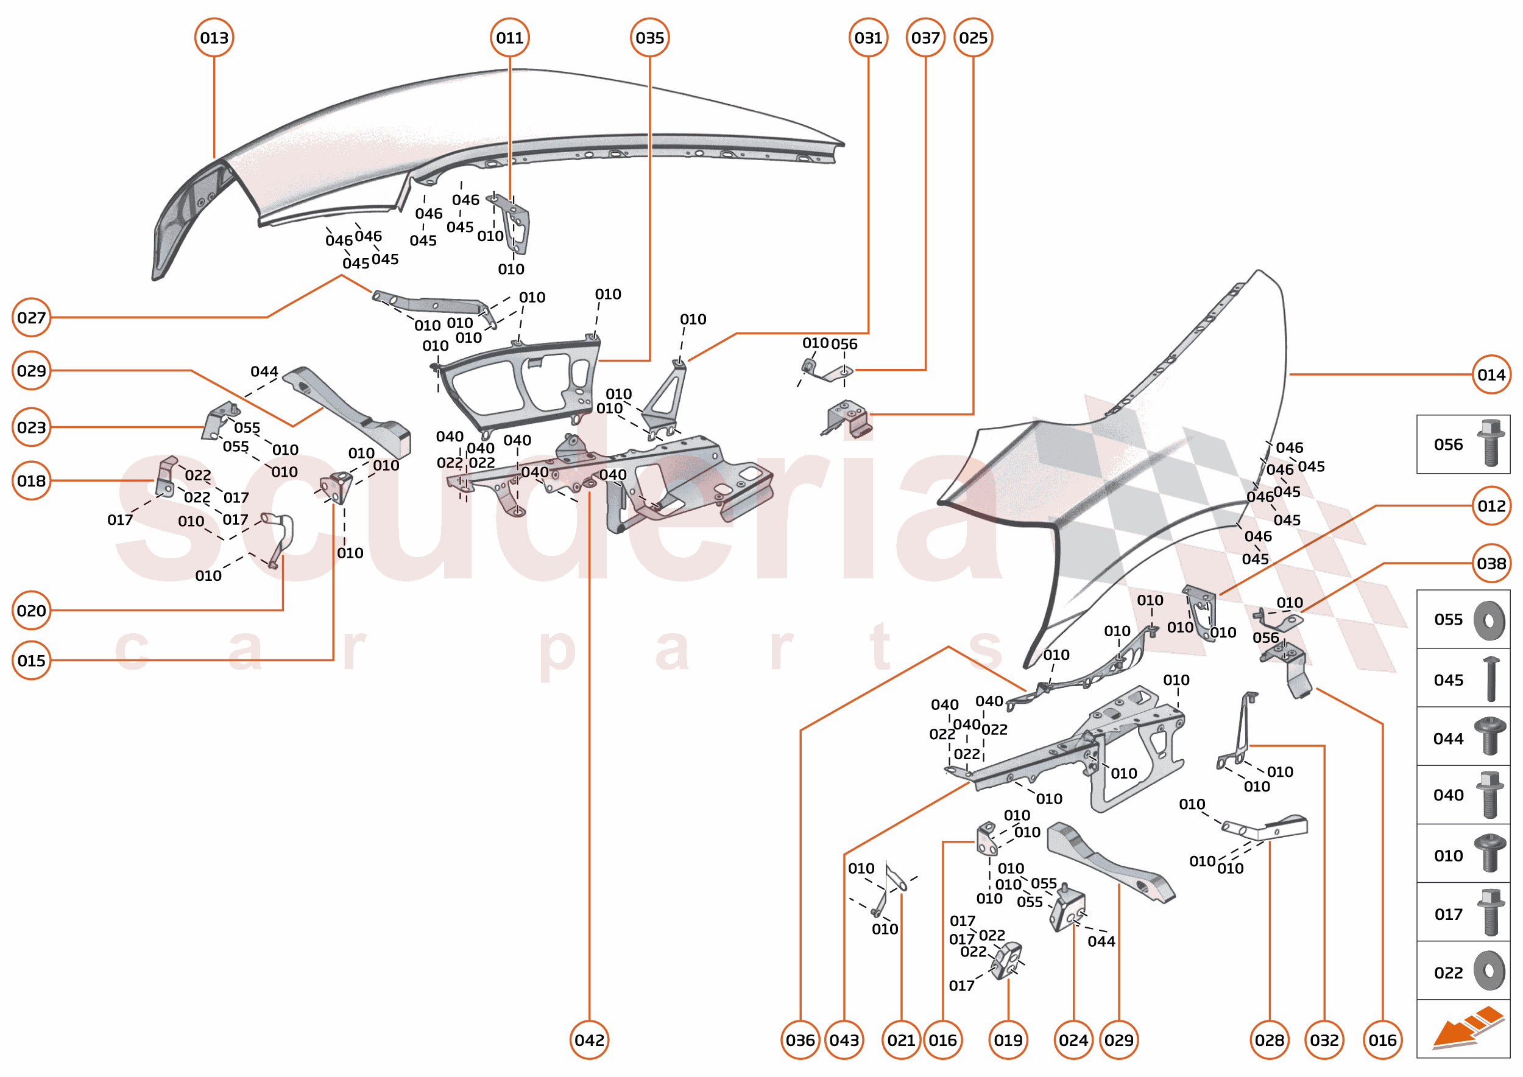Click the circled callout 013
[x=214, y=38]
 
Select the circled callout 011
[x=510, y=38]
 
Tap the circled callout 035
[x=649, y=38]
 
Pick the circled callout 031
[x=868, y=38]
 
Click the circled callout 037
[x=925, y=38]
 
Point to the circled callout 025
[x=973, y=38]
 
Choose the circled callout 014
[x=1491, y=374]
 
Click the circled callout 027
[x=31, y=318]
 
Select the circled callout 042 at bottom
[x=589, y=1040]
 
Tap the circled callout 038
[x=1491, y=564]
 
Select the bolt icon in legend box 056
[x=1491, y=443]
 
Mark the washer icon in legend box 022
[x=1489, y=972]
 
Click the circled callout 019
[x=1008, y=1040]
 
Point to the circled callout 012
[x=1491, y=506]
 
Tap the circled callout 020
[x=31, y=610]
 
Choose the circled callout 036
[x=800, y=1040]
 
